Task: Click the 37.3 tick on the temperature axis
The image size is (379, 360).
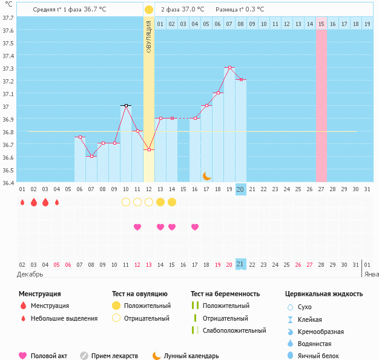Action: (x=8, y=68)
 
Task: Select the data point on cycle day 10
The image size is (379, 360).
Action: (x=126, y=105)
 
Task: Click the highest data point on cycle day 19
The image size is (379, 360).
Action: (x=229, y=68)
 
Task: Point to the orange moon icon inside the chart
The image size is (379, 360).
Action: (x=207, y=175)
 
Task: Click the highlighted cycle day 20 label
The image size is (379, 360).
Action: (x=240, y=189)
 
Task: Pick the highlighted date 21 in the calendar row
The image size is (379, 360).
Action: (x=240, y=264)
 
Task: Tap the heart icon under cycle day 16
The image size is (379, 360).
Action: (x=195, y=227)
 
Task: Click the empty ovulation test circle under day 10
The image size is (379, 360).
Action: (x=126, y=201)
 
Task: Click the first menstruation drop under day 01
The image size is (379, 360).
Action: (x=22, y=202)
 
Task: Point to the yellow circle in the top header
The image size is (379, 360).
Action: (x=149, y=10)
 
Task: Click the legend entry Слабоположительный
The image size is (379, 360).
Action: (x=234, y=330)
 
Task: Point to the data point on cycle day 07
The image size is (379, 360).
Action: (x=91, y=156)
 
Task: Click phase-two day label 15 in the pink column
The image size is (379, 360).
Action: (x=321, y=24)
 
